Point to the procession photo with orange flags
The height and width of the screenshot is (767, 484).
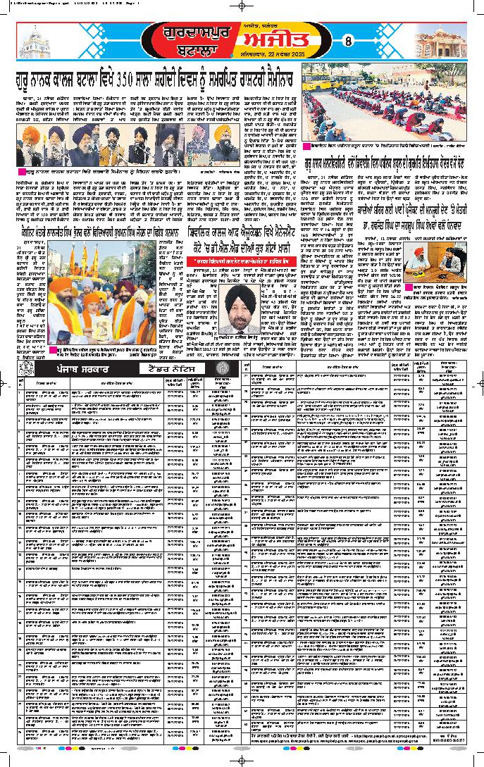point(102,295)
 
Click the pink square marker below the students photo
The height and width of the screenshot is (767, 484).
point(306,146)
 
